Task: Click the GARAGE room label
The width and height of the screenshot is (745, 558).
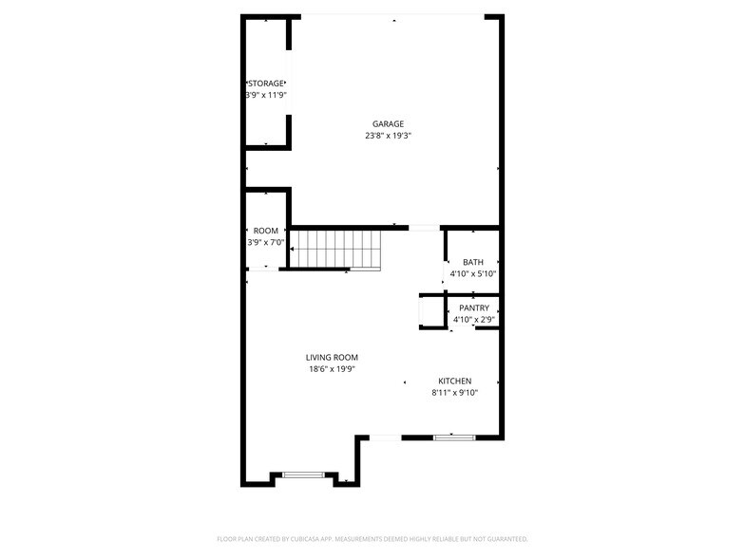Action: click(x=388, y=123)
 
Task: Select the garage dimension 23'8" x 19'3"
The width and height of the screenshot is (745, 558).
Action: click(x=388, y=136)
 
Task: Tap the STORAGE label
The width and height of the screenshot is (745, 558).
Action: click(x=266, y=84)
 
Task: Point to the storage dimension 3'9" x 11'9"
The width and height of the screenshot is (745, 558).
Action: click(x=266, y=95)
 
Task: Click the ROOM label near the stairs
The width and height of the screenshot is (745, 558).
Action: click(x=266, y=231)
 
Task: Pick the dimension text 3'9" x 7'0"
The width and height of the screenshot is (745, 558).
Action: click(x=266, y=242)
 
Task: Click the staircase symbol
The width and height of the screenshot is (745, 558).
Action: click(x=334, y=250)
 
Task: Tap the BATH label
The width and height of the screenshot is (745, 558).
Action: click(x=473, y=262)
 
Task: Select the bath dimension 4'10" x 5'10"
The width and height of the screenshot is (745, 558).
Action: click(x=473, y=273)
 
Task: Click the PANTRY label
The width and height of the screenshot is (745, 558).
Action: click(x=474, y=307)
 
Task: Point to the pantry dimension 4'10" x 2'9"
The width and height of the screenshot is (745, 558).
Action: click(x=474, y=319)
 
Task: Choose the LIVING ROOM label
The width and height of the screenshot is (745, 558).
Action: click(x=332, y=357)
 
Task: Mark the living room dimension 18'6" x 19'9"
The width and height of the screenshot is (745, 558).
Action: click(x=332, y=369)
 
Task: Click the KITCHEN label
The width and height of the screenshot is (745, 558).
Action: click(x=454, y=381)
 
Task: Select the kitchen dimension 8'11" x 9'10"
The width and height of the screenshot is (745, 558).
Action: click(x=454, y=392)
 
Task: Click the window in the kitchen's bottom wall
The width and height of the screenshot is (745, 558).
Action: click(x=453, y=437)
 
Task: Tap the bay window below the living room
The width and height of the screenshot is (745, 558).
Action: click(x=303, y=474)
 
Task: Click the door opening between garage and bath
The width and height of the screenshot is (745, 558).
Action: click(x=424, y=228)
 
